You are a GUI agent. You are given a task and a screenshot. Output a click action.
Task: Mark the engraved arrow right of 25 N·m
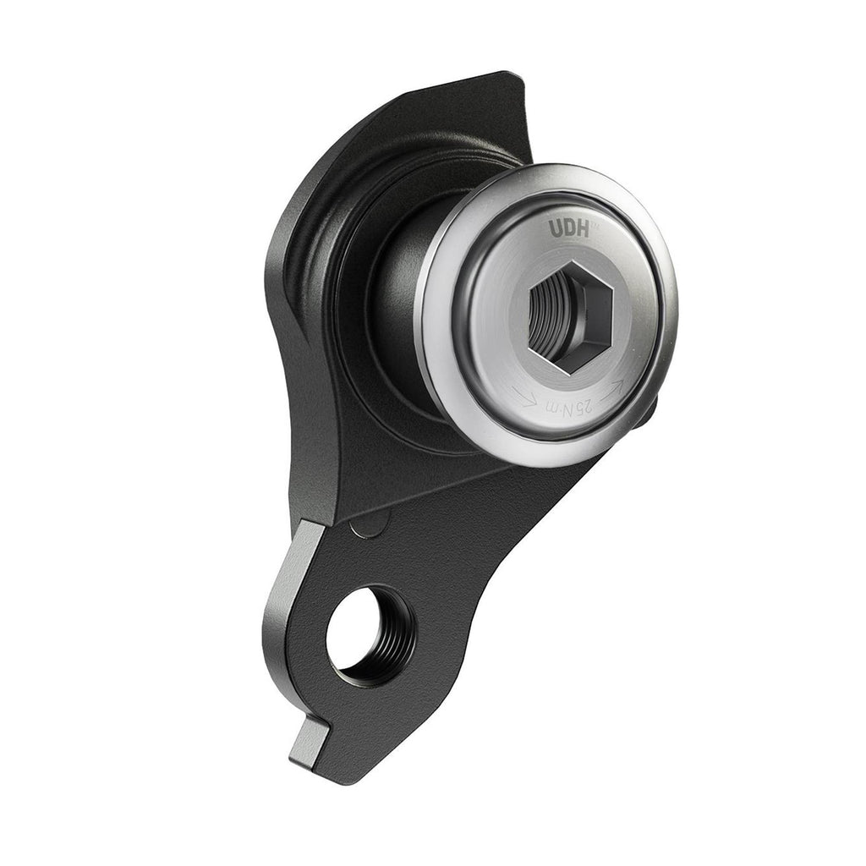click(x=614, y=386)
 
